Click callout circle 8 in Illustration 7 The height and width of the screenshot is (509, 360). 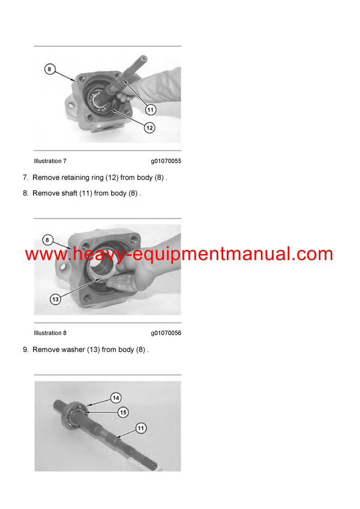pos(50,70)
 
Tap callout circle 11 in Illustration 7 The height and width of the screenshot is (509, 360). pos(151,110)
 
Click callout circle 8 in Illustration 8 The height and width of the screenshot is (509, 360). pos(47,240)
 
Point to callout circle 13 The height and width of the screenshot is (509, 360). pos(55,299)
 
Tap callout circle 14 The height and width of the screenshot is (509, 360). pos(116,398)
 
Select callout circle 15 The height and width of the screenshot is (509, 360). pos(123,412)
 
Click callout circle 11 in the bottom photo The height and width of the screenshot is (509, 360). pos(140,428)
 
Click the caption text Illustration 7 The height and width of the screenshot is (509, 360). pos(50,161)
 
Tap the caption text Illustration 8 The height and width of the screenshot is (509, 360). pos(50,333)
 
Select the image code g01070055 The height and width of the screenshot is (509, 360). pos(166,161)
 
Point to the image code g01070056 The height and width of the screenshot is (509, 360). pos(166,333)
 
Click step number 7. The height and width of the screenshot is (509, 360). pos(25,178)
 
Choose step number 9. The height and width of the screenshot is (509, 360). pos(25,350)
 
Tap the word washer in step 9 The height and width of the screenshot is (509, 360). pos(74,350)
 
